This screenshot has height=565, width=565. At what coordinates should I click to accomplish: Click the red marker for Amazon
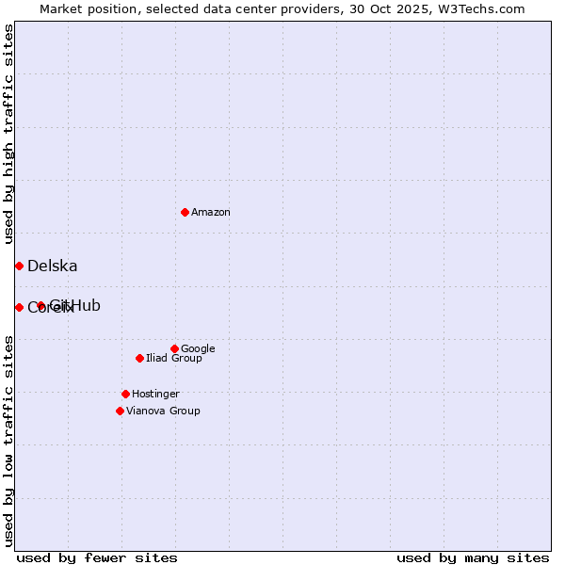click(185, 212)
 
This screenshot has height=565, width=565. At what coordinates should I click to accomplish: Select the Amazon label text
click(211, 213)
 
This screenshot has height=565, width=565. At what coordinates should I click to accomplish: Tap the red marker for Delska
click(19, 266)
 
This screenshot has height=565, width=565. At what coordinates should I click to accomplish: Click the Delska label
click(53, 266)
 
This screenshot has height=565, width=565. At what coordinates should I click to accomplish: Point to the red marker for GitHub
click(40, 305)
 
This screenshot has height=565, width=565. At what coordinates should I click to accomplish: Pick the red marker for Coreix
click(19, 307)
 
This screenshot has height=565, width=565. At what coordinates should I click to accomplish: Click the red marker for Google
click(174, 348)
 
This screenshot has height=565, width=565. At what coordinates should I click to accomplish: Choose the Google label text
click(198, 349)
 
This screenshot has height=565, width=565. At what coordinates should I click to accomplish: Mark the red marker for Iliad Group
click(139, 358)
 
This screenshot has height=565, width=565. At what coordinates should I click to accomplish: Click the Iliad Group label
click(174, 359)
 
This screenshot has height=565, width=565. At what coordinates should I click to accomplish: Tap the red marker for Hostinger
click(125, 394)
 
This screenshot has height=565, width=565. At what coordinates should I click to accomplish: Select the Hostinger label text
click(155, 395)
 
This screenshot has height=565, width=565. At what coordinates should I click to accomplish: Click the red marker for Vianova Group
click(120, 411)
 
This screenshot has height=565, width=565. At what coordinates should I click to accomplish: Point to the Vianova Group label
click(163, 412)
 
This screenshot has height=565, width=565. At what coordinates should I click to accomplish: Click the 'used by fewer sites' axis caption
click(97, 557)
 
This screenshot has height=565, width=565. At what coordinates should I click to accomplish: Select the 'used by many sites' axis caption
click(473, 557)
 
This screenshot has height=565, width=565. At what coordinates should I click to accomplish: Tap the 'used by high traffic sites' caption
click(9, 134)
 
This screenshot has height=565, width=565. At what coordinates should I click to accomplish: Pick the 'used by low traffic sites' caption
click(9, 441)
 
